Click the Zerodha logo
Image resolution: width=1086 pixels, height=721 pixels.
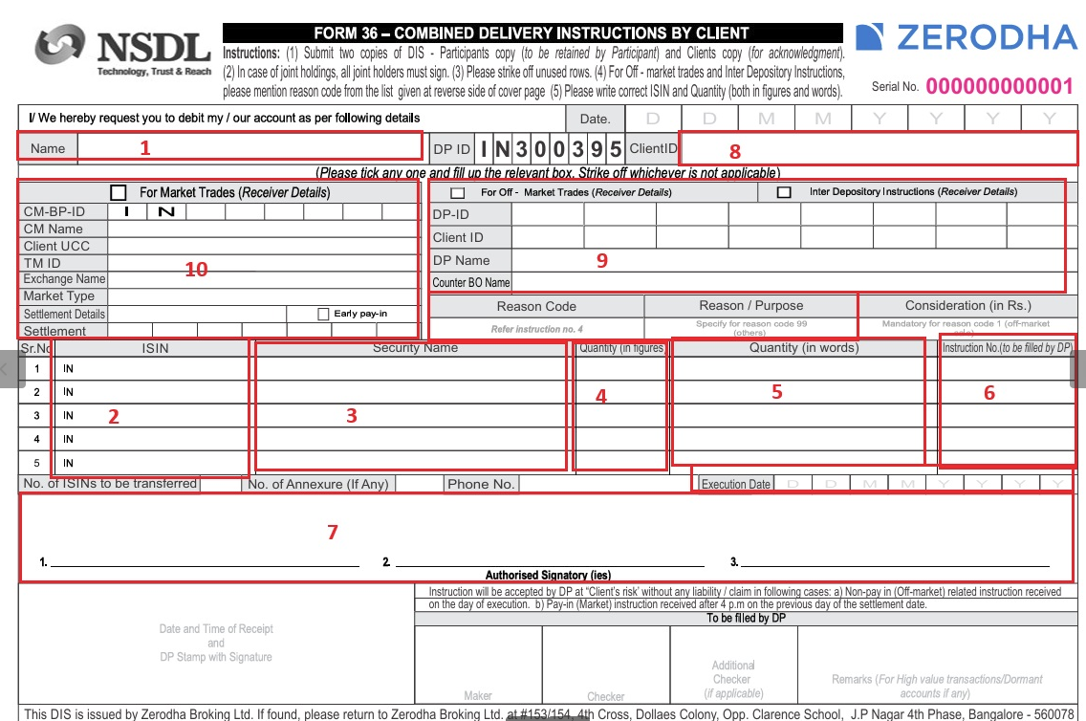coord(967,37)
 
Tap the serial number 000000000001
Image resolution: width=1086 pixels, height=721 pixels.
coord(999,87)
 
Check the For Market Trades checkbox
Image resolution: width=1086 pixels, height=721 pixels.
coord(119,192)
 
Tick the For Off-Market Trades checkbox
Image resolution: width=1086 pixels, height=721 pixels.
coord(458,193)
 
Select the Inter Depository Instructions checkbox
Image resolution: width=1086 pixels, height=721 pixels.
coord(784,192)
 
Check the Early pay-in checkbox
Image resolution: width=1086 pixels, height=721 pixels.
coord(323,314)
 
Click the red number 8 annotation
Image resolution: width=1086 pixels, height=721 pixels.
coord(734,151)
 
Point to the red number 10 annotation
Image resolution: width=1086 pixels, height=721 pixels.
coord(196,270)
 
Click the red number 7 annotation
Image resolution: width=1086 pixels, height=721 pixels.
coord(333,533)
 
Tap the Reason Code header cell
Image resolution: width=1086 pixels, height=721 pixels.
coord(536,306)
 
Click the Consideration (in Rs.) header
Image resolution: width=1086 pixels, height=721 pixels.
coord(967,306)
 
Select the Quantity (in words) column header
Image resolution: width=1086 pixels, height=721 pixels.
coord(804,348)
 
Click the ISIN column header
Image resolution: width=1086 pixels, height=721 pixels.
coord(155,349)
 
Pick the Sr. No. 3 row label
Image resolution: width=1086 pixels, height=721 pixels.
coord(36,416)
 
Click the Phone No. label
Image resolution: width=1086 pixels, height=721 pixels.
coord(480,484)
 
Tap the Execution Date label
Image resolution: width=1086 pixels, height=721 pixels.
coord(735,485)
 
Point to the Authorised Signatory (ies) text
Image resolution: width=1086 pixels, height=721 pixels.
coord(548,576)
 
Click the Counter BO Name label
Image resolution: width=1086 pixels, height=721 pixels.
coord(470,283)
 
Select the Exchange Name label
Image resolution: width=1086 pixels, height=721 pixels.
coord(63,279)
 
